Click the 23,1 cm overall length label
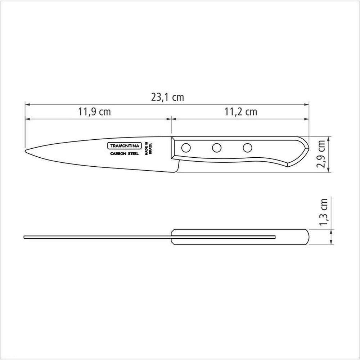167,97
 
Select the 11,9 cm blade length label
94,112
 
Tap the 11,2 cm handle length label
240,112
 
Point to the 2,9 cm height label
321,154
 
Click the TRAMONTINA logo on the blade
125,146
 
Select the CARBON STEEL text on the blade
125,154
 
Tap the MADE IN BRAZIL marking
148,149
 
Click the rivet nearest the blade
186,148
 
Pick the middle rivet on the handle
216,148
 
